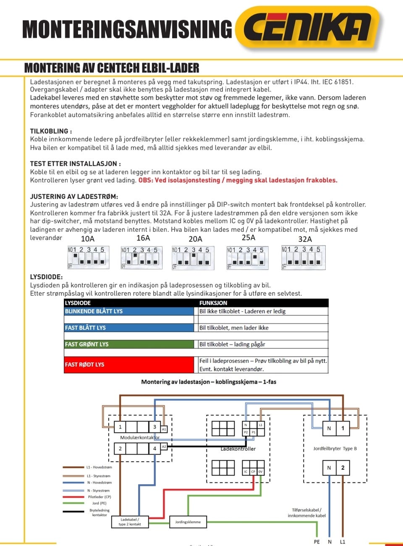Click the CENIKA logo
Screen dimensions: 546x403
[x=307, y=28]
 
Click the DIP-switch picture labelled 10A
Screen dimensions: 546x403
[x=88, y=257]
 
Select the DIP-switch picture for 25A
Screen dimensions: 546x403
[x=247, y=257]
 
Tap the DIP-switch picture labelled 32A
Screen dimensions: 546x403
[x=303, y=257]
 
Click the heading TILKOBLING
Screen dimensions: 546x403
[x=51, y=131]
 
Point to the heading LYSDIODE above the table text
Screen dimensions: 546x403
[x=46, y=277]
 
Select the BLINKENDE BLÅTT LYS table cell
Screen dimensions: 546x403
[x=128, y=311]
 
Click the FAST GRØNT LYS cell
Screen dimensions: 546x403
[x=128, y=344]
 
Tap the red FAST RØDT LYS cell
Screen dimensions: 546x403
[x=128, y=365]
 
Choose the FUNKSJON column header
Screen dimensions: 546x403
[x=213, y=303]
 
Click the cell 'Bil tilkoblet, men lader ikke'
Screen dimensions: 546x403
[x=234, y=328]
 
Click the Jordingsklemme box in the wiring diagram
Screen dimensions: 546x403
[x=188, y=522]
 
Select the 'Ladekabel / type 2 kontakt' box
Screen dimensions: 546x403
[x=130, y=522]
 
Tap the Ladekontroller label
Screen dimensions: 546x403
[x=238, y=449]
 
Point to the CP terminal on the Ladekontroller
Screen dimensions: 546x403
[x=253, y=472]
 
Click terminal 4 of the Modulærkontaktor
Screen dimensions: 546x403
[x=154, y=449]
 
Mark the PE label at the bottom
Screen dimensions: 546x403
[x=317, y=542]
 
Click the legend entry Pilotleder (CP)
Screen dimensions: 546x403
[x=99, y=497]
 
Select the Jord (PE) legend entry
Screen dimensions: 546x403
[x=99, y=503]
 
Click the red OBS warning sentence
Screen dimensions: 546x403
[x=238, y=180]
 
